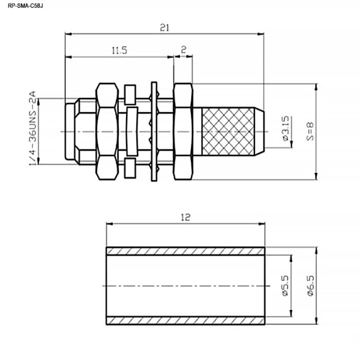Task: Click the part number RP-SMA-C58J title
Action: click(x=25, y=6)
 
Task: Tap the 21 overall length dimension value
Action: click(x=164, y=28)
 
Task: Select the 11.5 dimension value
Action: click(x=119, y=50)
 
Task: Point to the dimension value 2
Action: click(x=184, y=49)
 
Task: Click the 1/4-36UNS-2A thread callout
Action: click(x=32, y=128)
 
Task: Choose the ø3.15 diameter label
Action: click(x=286, y=128)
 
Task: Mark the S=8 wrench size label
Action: click(x=310, y=131)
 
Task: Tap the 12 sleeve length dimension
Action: click(x=186, y=217)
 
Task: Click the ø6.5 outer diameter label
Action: click(x=310, y=286)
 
